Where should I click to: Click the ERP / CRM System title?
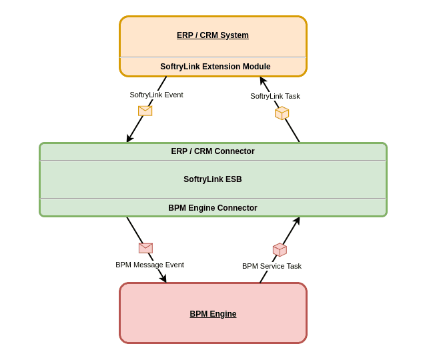click(x=213, y=35)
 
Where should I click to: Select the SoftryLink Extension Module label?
click(x=215, y=67)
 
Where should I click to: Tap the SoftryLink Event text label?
click(x=156, y=95)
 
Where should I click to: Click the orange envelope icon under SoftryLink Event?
click(x=145, y=111)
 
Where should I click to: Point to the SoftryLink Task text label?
click(x=275, y=96)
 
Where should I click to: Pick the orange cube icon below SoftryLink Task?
click(x=282, y=113)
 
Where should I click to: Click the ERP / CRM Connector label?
click(x=212, y=151)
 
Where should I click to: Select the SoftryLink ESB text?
click(x=212, y=179)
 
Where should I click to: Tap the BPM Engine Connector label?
click(x=212, y=208)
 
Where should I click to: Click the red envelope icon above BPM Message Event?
click(x=145, y=248)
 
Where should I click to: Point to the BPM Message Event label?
click(x=149, y=265)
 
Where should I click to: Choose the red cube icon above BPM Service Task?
click(x=280, y=250)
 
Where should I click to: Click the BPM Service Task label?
click(x=272, y=266)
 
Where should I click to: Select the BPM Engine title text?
click(x=213, y=314)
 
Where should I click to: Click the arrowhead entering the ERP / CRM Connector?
click(x=129, y=139)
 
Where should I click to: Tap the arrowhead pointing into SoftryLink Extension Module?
click(x=262, y=80)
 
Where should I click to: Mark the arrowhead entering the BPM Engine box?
click(x=163, y=279)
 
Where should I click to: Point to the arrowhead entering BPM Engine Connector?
click(x=297, y=221)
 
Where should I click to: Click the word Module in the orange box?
click(x=257, y=67)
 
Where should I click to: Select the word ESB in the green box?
click(x=234, y=179)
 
